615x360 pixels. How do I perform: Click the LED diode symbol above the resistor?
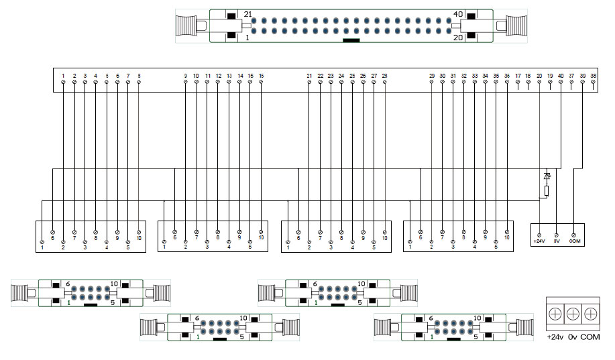point(547,176)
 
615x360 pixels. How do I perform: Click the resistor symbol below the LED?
point(547,190)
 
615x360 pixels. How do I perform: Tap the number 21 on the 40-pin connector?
point(247,14)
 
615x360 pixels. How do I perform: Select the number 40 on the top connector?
point(459,14)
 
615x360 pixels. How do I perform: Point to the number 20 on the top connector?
point(459,38)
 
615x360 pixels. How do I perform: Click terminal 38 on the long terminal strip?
point(594,82)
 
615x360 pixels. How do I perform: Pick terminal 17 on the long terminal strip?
point(518,82)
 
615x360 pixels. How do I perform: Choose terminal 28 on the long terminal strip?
point(384,82)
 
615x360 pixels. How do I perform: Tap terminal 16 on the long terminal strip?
point(261,82)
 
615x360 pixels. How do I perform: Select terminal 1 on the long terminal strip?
point(63,82)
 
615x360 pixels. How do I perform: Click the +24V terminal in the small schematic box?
point(539,235)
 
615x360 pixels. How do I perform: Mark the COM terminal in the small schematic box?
point(574,235)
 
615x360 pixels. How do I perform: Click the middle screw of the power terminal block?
point(572,314)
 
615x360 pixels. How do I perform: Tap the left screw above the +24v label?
point(555,314)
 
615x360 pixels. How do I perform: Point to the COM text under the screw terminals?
point(590,337)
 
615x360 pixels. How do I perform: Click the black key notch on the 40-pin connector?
point(351,40)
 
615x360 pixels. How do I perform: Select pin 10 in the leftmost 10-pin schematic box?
point(139,232)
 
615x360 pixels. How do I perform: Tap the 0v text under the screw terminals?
point(572,337)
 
